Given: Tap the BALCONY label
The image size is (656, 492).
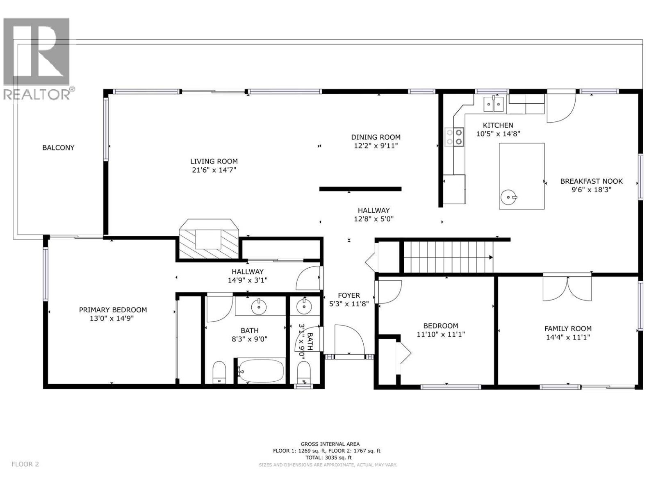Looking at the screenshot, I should (58, 148).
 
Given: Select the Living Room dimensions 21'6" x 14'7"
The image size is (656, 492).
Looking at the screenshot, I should (214, 170).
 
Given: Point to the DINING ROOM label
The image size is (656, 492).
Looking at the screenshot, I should (376, 137).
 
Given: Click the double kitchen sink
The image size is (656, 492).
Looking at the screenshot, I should (494, 104).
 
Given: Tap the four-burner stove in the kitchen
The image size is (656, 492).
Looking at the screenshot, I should (455, 137).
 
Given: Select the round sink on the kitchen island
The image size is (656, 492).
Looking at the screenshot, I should (509, 198).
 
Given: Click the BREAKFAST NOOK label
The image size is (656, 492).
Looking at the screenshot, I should (591, 181).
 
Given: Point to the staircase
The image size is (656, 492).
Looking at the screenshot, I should (448, 257).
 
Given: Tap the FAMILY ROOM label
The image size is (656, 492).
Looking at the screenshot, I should (567, 328).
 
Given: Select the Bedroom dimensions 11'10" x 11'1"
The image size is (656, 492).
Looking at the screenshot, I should (441, 335).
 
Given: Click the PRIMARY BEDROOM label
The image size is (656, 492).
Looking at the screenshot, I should (113, 310).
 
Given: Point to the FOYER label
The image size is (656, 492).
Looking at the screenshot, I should (349, 295).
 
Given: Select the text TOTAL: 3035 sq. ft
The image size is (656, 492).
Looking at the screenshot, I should (326, 458).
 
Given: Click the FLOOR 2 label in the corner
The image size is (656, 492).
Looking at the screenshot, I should (25, 464).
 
